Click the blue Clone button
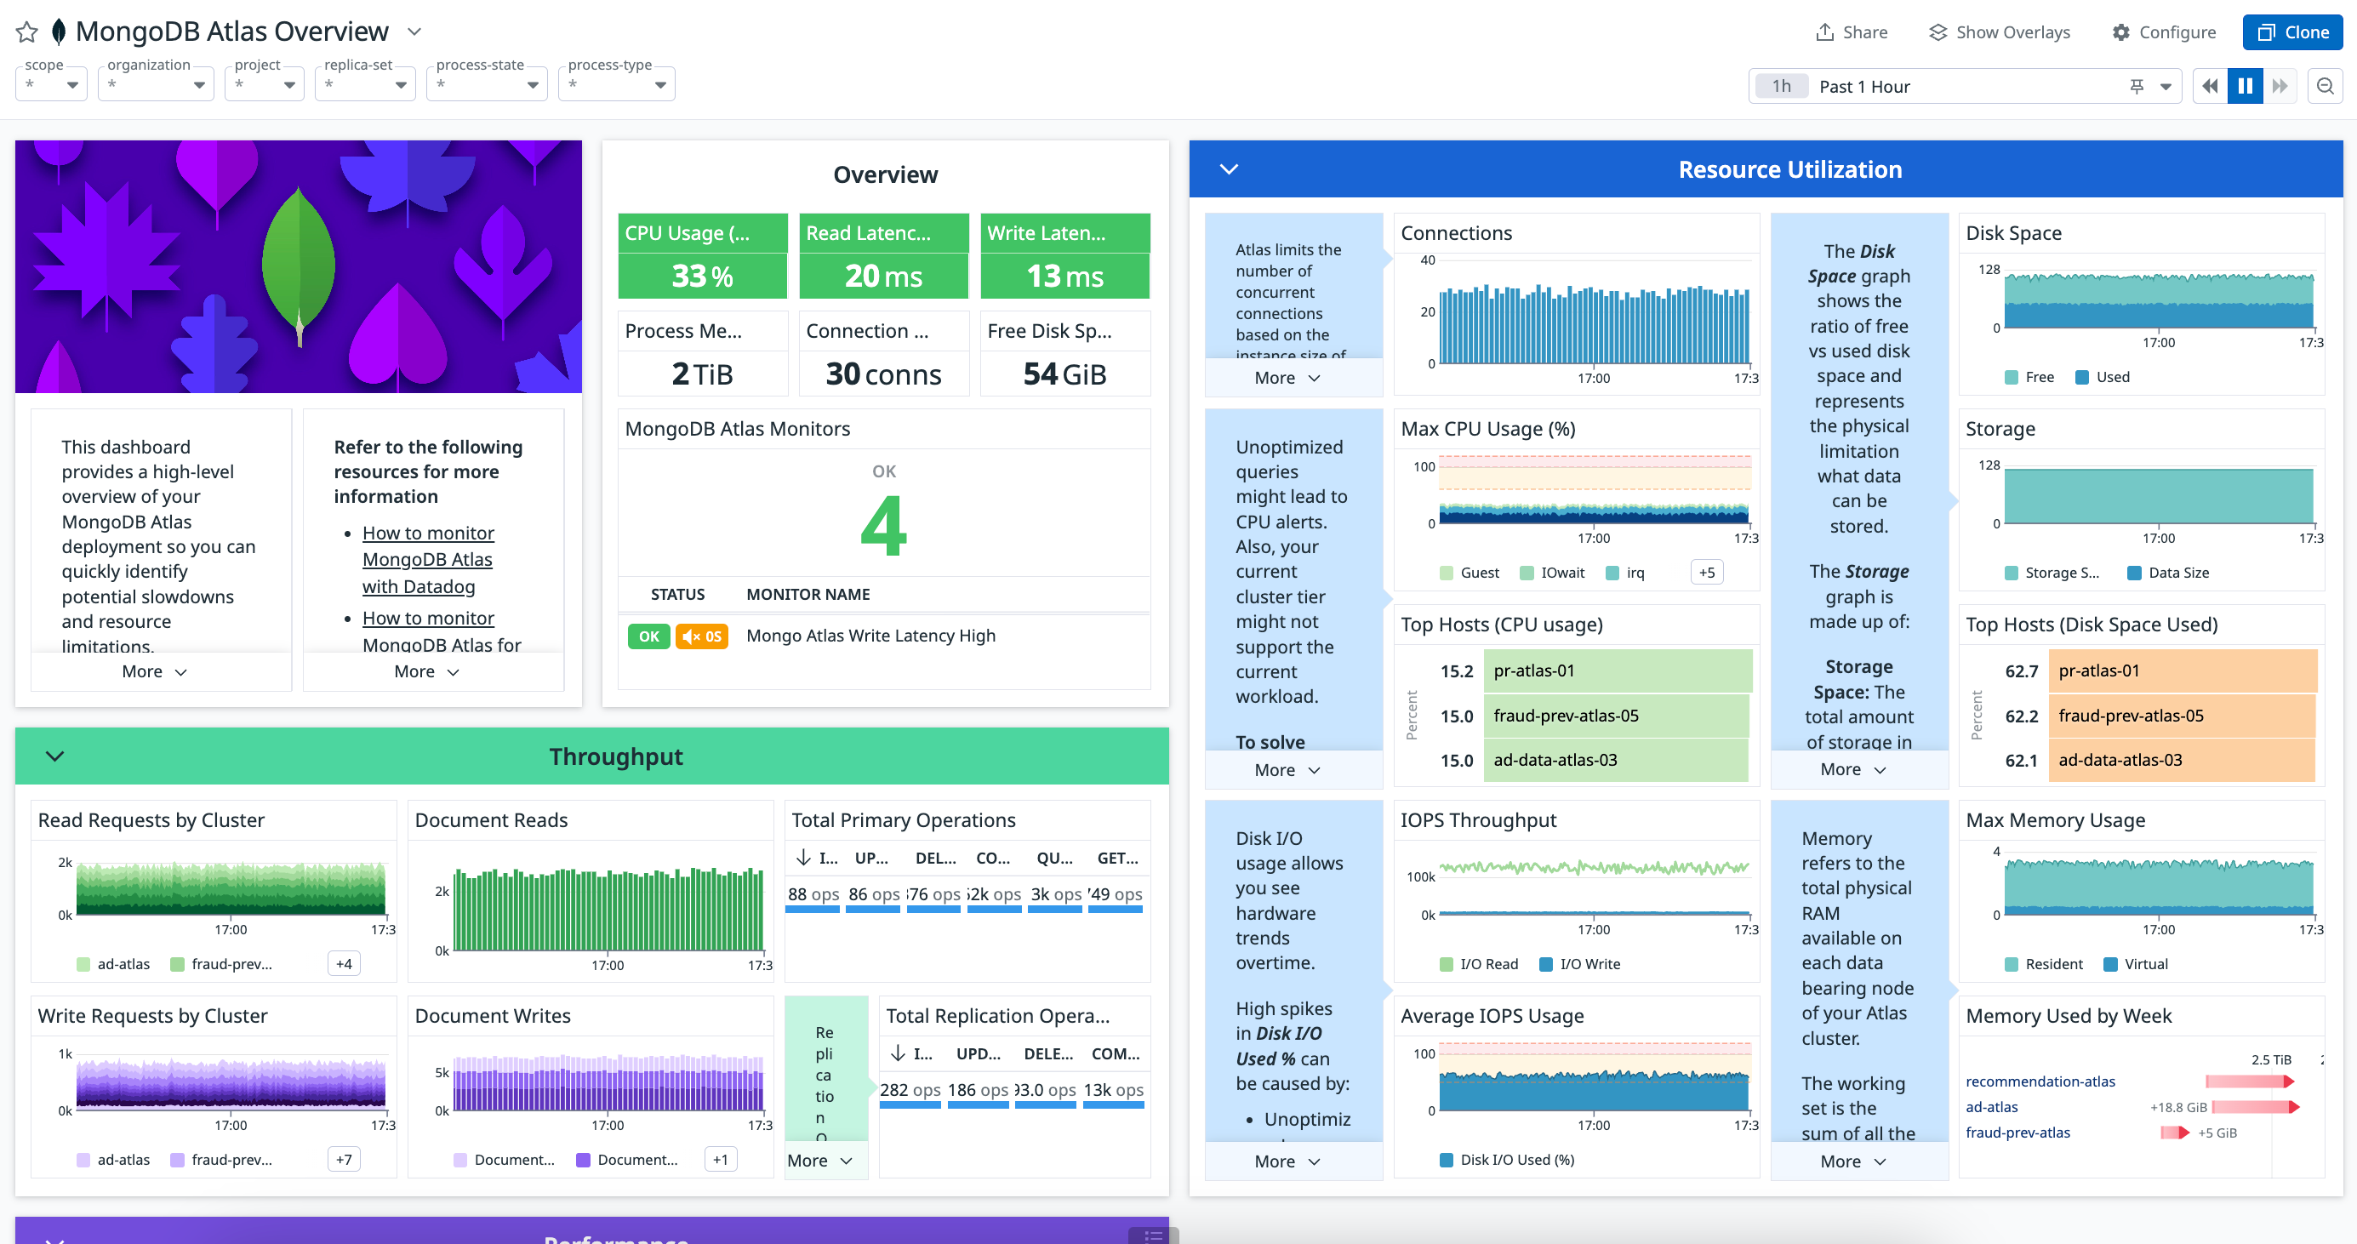click(x=2292, y=32)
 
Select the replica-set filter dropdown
click(x=365, y=84)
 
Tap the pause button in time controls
click(x=2245, y=86)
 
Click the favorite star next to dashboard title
click(x=27, y=32)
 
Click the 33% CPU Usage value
click(x=702, y=276)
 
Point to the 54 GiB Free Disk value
click(x=1064, y=374)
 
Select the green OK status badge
click(x=648, y=636)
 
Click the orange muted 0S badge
click(x=702, y=636)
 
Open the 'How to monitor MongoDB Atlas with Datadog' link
click(x=427, y=559)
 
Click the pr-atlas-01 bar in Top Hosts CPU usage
click(x=1617, y=671)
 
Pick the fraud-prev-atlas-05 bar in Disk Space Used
click(x=2182, y=716)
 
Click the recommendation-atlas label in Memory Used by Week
click(x=2040, y=1081)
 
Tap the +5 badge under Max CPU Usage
click(x=1706, y=573)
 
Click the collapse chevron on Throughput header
click(x=55, y=756)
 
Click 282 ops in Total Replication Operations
click(x=910, y=1089)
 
